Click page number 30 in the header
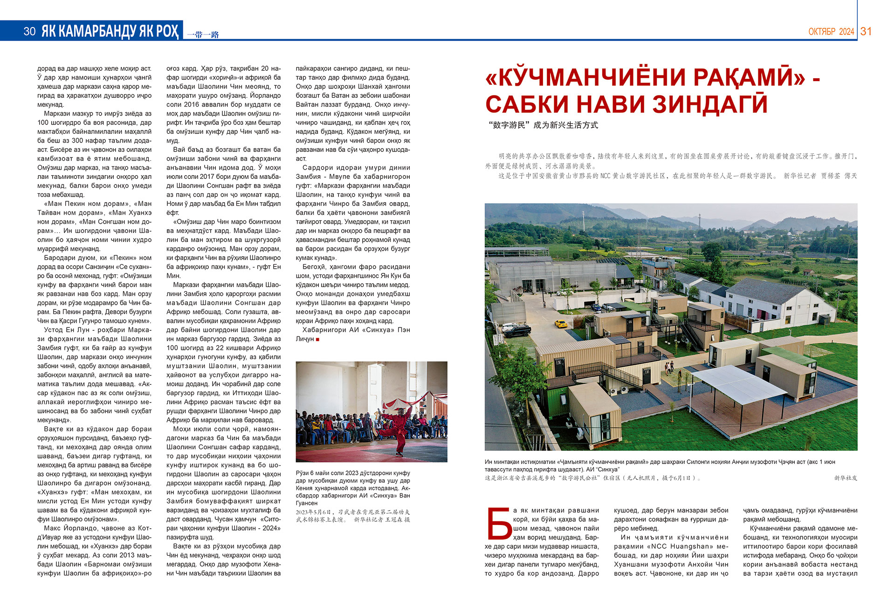click(x=29, y=31)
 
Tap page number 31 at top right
click(x=866, y=31)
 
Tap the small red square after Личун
click(x=317, y=340)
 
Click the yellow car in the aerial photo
click(x=561, y=323)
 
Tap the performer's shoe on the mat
click(x=399, y=453)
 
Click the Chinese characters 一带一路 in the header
click(x=203, y=34)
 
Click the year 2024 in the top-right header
click(x=847, y=32)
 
